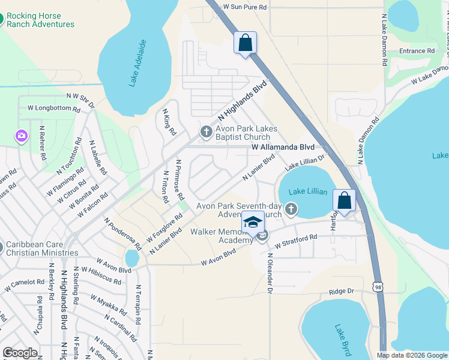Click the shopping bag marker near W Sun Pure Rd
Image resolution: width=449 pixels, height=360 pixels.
(245, 43)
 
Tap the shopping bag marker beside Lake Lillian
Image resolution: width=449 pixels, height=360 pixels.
(345, 201)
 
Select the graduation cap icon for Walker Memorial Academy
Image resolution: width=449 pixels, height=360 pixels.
(253, 222)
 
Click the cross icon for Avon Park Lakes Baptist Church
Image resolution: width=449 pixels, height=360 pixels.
(206, 131)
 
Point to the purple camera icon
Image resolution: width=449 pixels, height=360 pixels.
(22, 136)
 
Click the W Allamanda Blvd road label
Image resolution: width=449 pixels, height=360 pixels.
(283, 146)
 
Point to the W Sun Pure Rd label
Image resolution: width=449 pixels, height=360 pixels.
(244, 6)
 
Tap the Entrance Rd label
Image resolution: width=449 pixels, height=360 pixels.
(417, 52)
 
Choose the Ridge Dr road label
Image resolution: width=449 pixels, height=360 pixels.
(342, 291)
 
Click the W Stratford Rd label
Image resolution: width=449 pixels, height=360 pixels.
(295, 242)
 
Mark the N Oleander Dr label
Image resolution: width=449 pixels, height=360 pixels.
(270, 273)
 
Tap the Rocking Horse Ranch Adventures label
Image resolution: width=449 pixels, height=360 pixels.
(40, 20)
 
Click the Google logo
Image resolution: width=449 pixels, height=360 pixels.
(20, 353)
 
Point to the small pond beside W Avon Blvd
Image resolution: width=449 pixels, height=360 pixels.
(131, 258)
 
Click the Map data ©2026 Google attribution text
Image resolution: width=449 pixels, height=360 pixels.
(411, 355)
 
